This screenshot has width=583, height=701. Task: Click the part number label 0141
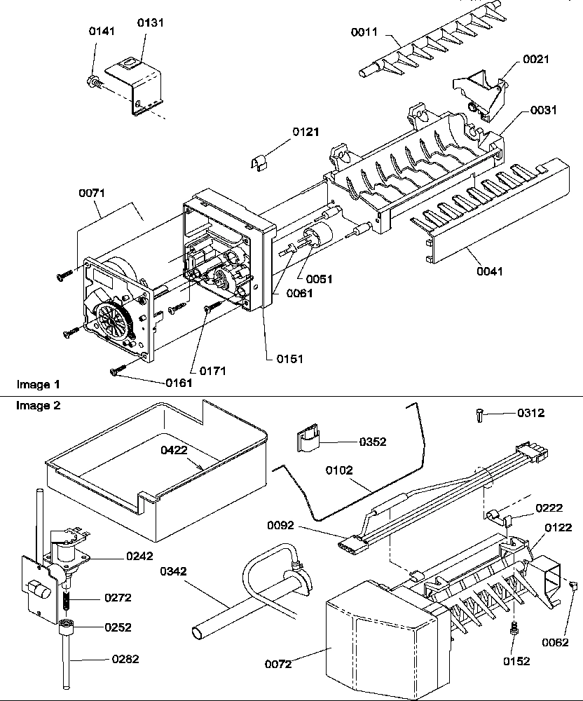tap(102, 32)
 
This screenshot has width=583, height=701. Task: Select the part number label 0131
tap(149, 23)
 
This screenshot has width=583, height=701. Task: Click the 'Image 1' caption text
tap(38, 385)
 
